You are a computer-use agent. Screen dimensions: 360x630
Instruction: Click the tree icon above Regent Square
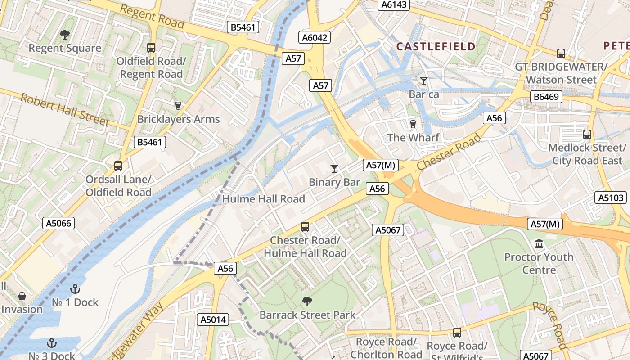point(65,34)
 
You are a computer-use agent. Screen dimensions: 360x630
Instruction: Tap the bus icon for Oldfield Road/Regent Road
point(151,47)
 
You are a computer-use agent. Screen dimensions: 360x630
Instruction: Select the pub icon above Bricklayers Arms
point(178,106)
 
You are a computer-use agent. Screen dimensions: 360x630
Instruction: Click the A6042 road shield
point(315,37)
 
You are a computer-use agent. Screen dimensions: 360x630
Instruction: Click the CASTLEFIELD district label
point(436,46)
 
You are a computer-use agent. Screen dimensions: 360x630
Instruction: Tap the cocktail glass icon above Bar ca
point(423,81)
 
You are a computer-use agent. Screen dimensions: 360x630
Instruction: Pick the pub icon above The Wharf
point(413,124)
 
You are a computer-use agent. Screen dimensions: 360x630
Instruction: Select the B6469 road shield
point(546,96)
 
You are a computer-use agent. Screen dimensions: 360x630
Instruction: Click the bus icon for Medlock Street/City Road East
point(587,134)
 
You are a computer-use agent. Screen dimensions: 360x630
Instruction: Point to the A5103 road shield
point(610,197)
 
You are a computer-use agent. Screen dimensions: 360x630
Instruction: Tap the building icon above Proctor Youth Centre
point(539,244)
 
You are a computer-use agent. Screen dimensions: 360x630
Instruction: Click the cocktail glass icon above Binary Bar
point(334,169)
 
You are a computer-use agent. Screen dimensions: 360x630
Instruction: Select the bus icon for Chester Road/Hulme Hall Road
point(305,227)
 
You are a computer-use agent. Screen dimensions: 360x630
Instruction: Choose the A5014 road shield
point(213,319)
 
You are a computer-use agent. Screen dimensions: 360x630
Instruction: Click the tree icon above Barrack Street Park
point(307,301)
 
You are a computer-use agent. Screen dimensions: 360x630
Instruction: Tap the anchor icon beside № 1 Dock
point(75,289)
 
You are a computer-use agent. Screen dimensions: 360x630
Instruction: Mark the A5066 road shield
point(59,223)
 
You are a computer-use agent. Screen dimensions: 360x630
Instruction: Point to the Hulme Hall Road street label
point(264,199)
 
